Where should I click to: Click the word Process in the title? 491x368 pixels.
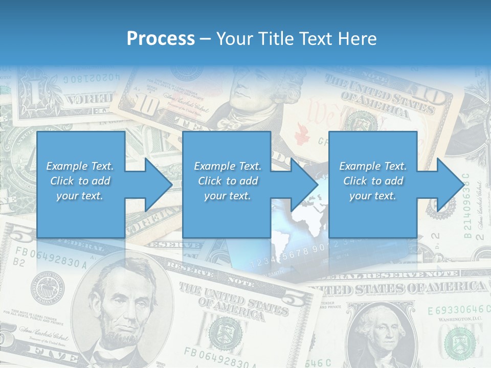tap(161, 38)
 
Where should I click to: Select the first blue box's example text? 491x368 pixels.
tap(80, 181)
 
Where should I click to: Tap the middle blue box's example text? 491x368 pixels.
tap(228, 181)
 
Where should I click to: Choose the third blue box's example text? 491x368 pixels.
tap(373, 181)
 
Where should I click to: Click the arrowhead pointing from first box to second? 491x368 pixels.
tap(159, 185)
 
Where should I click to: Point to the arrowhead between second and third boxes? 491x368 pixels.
tap(304, 185)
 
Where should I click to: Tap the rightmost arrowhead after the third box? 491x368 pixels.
tap(450, 185)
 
